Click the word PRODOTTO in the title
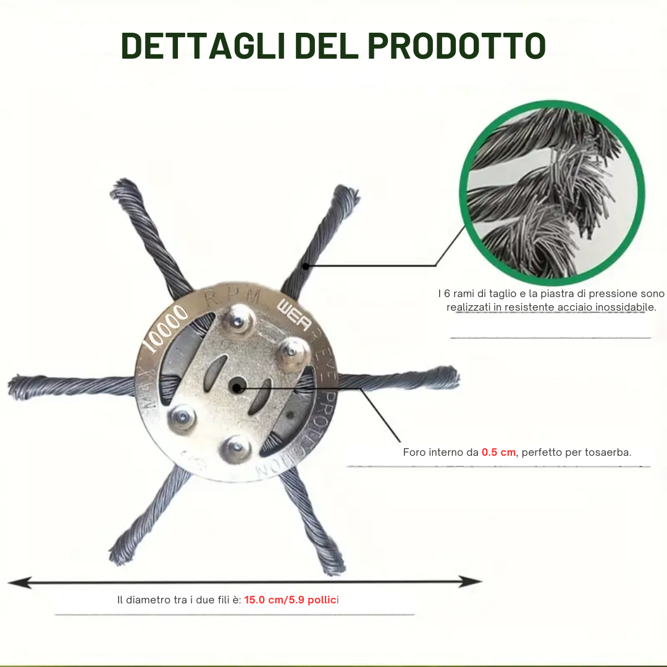click(x=456, y=46)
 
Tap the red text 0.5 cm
click(x=498, y=452)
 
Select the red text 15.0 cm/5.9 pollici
click(x=292, y=600)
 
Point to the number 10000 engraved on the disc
click(x=165, y=329)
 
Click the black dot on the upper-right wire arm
click(x=305, y=266)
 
